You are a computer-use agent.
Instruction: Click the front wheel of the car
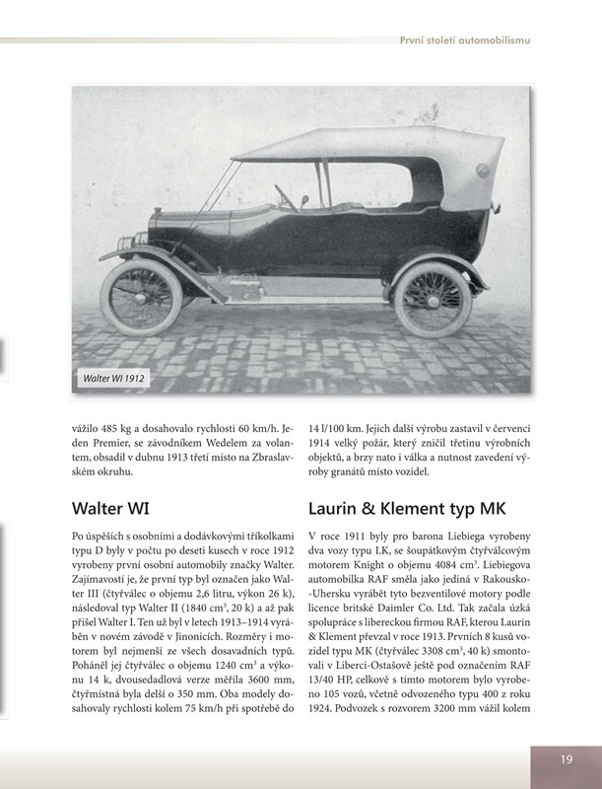[x=142, y=297]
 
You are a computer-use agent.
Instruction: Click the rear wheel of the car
[x=432, y=299]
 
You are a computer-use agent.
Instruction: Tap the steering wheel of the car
[x=285, y=195]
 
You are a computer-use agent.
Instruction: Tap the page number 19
[x=566, y=759]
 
